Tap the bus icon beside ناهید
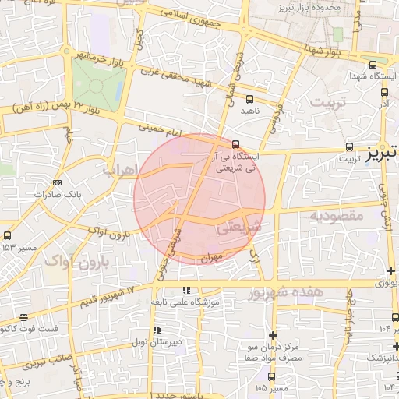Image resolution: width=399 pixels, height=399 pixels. (x=249, y=100)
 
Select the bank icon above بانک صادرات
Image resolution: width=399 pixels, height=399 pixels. (x=56, y=182)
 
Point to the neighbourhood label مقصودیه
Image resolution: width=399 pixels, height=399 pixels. (x=336, y=214)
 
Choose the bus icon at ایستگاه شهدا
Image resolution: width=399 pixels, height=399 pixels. (x=373, y=65)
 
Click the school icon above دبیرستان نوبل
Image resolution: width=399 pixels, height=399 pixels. (x=159, y=330)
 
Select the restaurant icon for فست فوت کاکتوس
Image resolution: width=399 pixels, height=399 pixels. (x=23, y=317)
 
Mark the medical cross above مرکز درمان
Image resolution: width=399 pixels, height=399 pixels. (x=273, y=334)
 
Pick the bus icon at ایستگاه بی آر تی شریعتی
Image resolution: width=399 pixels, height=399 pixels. (x=236, y=143)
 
